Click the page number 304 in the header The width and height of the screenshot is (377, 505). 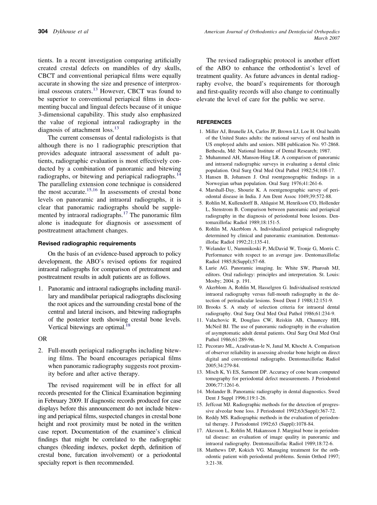pyautogui.click(x=43, y=31)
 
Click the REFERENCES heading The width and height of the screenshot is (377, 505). pyautogui.click(x=214, y=122)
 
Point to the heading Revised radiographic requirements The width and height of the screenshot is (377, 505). pyautogui.click(x=87, y=243)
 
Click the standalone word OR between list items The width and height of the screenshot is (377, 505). pyautogui.click(x=42, y=339)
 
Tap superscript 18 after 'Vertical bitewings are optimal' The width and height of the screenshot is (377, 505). pyautogui.click(x=128, y=326)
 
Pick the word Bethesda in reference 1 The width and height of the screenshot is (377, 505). pyautogui.click(x=216, y=151)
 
